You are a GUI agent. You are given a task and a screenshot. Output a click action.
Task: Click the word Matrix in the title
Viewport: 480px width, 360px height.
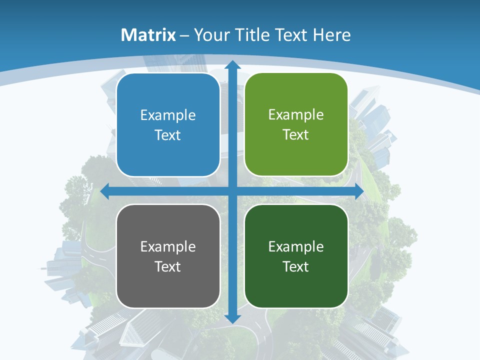(148, 35)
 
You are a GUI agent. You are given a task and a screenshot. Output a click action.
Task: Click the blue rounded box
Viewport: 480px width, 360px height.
(168, 125)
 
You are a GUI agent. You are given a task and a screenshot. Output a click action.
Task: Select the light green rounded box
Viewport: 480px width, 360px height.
(296, 124)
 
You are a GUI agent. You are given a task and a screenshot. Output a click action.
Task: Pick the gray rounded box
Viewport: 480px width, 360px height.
(168, 256)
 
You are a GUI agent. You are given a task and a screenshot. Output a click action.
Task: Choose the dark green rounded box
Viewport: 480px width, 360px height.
(296, 256)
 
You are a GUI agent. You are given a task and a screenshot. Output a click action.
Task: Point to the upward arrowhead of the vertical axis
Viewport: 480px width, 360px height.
(232, 65)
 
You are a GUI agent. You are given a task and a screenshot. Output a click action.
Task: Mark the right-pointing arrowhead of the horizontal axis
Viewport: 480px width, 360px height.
(358, 191)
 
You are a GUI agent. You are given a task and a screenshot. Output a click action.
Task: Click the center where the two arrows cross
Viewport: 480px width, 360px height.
(232, 191)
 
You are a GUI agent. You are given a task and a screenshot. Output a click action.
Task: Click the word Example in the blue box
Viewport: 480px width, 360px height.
(168, 115)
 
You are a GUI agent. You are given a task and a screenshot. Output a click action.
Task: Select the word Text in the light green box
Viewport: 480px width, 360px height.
(296, 135)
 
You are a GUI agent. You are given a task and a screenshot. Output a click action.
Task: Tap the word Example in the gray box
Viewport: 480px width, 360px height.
(168, 246)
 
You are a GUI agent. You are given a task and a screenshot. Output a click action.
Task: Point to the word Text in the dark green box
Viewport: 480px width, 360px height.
(296, 266)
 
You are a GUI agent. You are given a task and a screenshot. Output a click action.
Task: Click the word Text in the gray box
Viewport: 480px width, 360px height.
(168, 266)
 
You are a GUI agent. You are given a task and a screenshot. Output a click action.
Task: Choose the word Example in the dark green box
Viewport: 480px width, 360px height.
(296, 246)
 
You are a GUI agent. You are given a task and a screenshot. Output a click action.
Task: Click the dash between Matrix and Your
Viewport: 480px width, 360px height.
(184, 35)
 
